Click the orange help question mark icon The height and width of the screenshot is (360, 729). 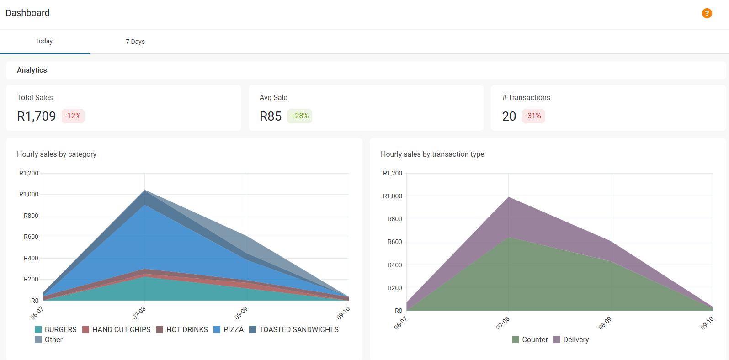click(x=707, y=13)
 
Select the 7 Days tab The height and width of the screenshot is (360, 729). click(x=135, y=42)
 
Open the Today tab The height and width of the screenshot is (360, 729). click(x=44, y=41)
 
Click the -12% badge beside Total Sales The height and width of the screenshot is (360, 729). click(x=73, y=116)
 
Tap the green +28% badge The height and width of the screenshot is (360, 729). click(x=299, y=116)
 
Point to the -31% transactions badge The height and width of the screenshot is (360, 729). click(x=533, y=116)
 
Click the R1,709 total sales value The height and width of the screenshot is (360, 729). click(x=37, y=116)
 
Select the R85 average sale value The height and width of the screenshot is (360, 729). click(x=271, y=116)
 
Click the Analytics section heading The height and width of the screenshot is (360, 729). click(x=32, y=70)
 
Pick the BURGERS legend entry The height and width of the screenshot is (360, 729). click(x=56, y=329)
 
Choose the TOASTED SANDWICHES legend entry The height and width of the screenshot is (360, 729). click(x=294, y=329)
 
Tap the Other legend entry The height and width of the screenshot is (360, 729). click(x=49, y=339)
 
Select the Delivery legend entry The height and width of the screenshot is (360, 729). click(x=571, y=339)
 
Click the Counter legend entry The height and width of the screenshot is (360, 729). click(x=530, y=339)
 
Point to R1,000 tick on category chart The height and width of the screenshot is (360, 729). click(x=29, y=194)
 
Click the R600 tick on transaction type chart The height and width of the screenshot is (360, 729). click(x=395, y=242)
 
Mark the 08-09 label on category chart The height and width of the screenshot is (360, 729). click(x=241, y=313)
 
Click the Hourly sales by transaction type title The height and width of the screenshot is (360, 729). click(x=432, y=154)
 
